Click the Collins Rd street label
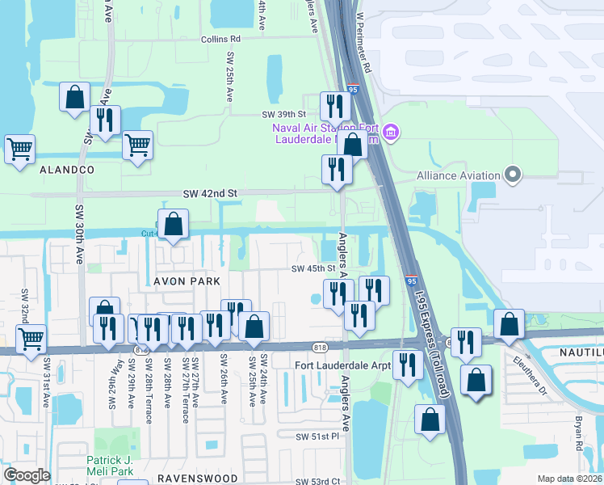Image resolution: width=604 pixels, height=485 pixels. point(221,39)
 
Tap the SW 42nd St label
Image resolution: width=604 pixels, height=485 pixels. point(210,194)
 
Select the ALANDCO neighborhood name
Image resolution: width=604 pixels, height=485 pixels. point(65,170)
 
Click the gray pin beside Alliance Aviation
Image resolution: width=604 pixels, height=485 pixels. point(511,175)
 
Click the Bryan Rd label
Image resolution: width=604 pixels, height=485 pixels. point(579,433)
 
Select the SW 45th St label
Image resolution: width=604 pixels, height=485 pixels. point(313,268)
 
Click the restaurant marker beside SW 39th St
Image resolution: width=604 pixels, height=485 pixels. point(333,106)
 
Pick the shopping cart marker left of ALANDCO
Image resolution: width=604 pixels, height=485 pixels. point(19,149)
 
